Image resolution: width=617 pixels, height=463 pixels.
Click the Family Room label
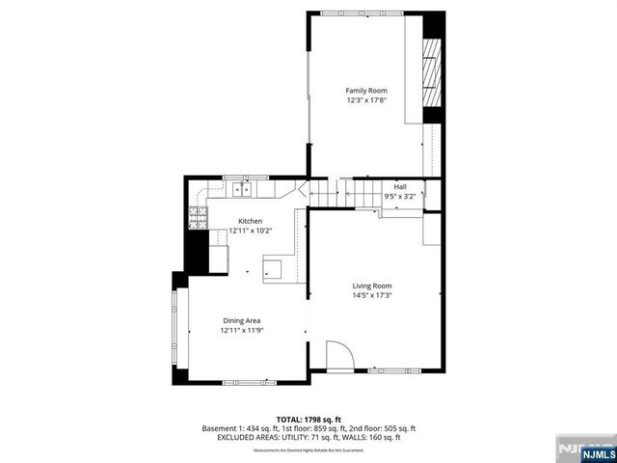click(366, 90)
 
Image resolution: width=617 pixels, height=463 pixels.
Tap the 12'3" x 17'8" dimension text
click(366, 99)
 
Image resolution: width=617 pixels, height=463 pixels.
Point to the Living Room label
click(371, 286)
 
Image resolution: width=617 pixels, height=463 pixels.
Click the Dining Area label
click(241, 320)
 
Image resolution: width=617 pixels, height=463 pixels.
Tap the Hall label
click(399, 186)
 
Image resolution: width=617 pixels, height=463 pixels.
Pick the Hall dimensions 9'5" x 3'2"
click(399, 196)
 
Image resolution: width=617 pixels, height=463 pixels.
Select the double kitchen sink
click(240, 190)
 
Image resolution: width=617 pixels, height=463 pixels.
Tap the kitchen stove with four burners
click(199, 217)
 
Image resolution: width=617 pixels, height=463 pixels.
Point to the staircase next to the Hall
click(362, 193)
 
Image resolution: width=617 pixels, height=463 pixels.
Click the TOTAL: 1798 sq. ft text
click(308, 419)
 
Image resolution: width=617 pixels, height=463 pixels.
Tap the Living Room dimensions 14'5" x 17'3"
click(371, 295)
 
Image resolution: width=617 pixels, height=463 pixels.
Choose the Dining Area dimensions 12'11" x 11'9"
click(241, 331)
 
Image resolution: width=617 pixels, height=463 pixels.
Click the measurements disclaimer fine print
click(308, 450)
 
